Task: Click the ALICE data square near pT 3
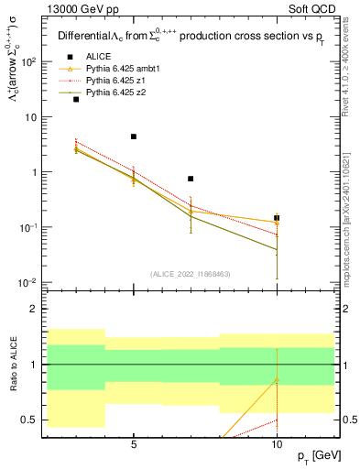[76, 99]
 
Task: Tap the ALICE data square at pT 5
[134, 136]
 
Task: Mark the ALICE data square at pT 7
[191, 179]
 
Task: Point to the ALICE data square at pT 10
[277, 218]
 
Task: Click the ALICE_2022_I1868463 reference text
[190, 274]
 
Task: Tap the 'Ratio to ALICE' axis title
[13, 364]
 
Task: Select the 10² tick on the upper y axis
[29, 62]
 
